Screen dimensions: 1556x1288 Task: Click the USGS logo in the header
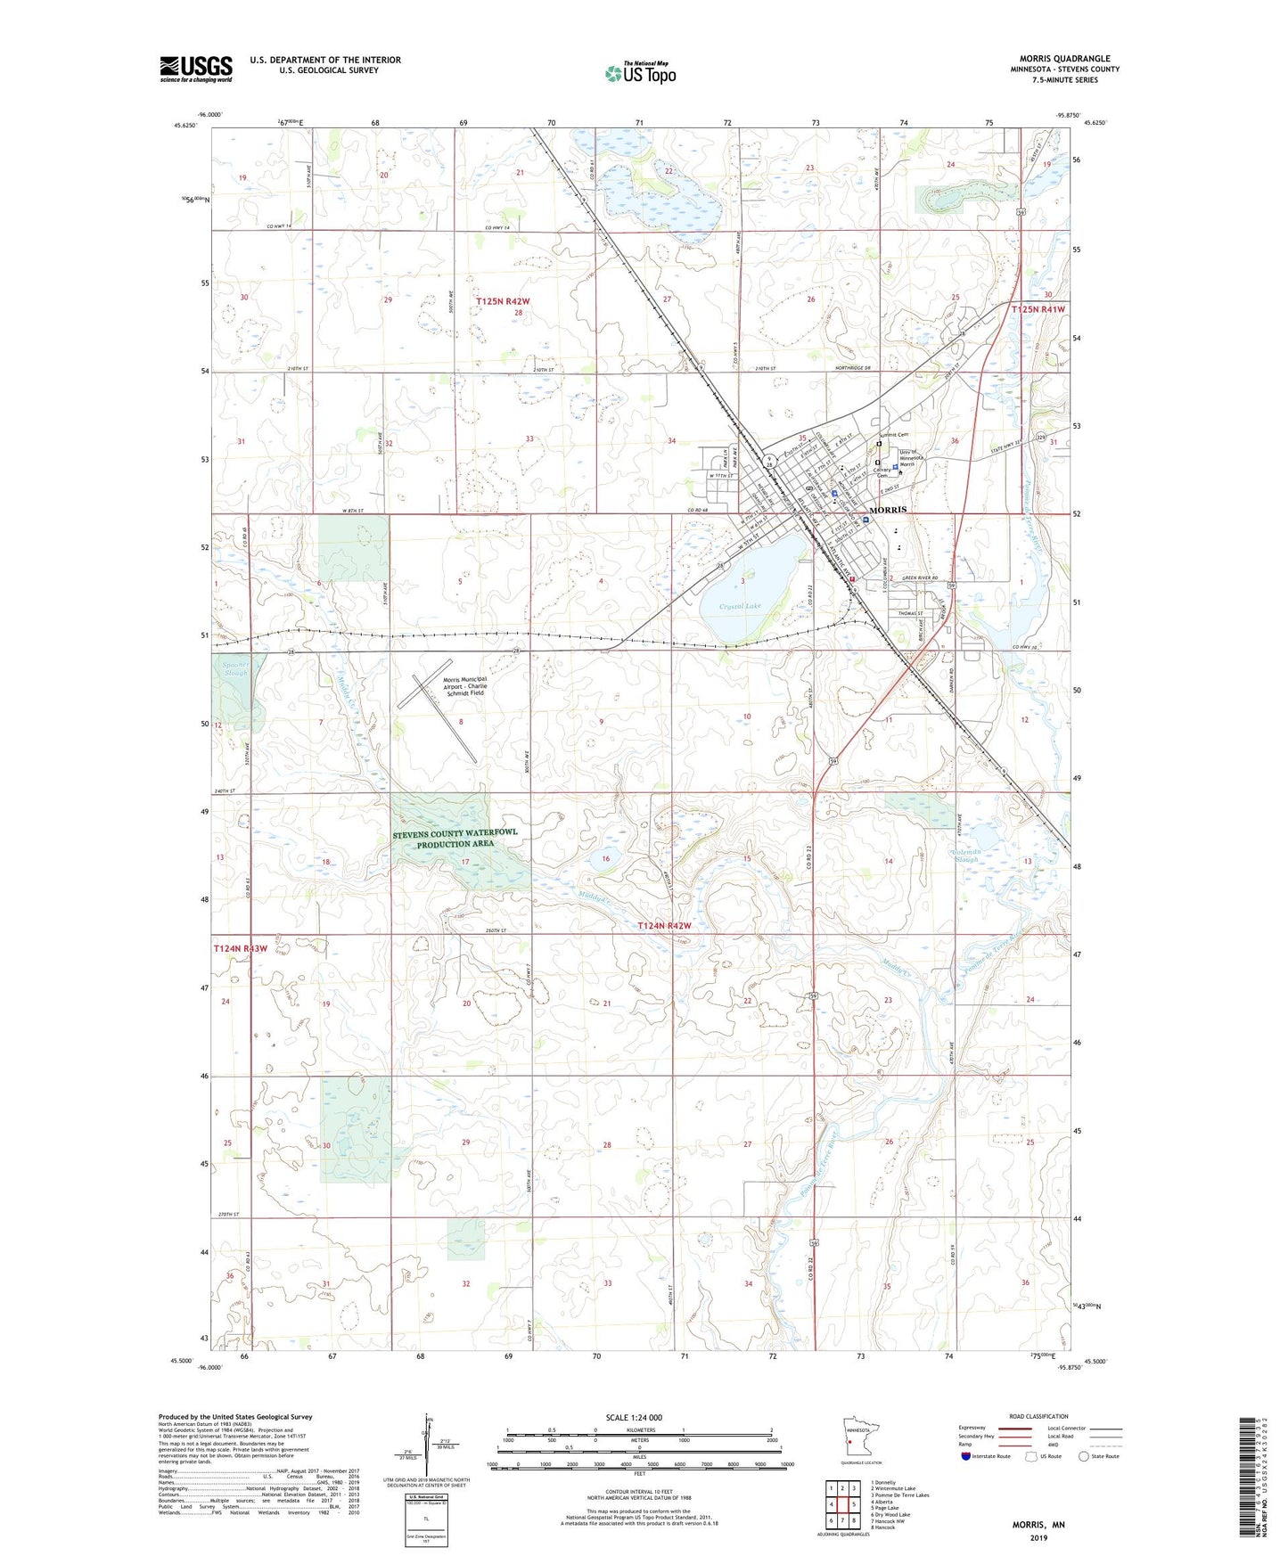tap(196, 69)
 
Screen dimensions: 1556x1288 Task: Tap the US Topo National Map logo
tap(641, 72)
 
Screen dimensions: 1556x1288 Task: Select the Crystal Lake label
tap(741, 606)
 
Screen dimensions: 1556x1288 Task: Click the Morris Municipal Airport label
tap(465, 685)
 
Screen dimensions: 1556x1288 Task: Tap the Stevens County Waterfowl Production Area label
tap(455, 838)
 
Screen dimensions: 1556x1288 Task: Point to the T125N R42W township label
tap(503, 301)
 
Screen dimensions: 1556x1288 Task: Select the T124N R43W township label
tap(240, 948)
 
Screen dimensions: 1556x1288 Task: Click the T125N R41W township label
tap(1038, 308)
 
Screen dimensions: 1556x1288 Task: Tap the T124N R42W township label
tap(664, 926)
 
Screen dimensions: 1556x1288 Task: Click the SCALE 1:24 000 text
tap(634, 1417)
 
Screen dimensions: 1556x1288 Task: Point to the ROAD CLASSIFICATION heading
tap(1038, 1416)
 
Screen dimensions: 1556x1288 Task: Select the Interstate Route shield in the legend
tap(965, 1456)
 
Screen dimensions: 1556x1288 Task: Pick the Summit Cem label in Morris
tap(895, 435)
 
